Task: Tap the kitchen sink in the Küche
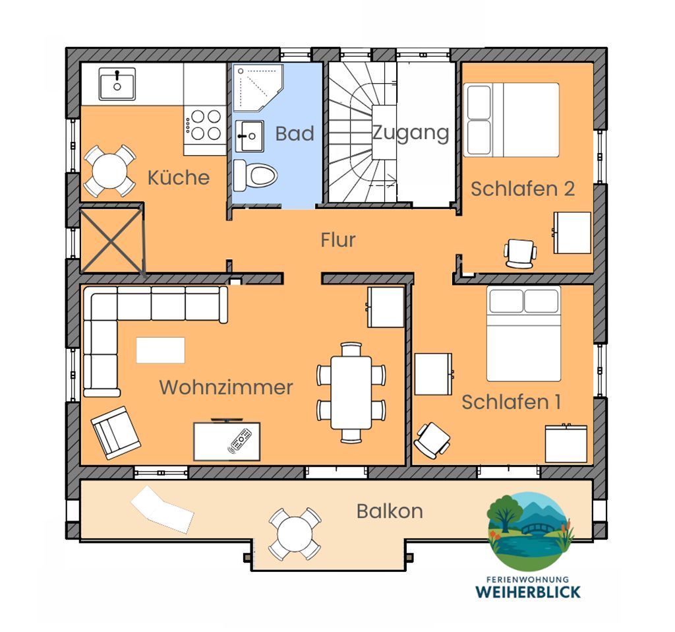click(117, 84)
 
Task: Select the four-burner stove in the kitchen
click(205, 125)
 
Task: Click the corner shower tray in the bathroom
click(258, 88)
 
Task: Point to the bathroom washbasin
click(250, 136)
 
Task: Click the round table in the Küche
click(109, 171)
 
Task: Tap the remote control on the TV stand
click(240, 440)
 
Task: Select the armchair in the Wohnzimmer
click(115, 432)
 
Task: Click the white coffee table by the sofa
click(161, 350)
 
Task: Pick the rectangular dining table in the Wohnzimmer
click(351, 393)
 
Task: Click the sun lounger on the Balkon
click(162, 510)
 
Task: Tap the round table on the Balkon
click(295, 534)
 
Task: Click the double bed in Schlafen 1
click(523, 333)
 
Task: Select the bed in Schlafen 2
click(512, 120)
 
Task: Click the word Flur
click(338, 239)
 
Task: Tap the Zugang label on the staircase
click(411, 133)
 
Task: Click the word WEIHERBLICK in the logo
click(528, 592)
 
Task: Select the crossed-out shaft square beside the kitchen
click(111, 241)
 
